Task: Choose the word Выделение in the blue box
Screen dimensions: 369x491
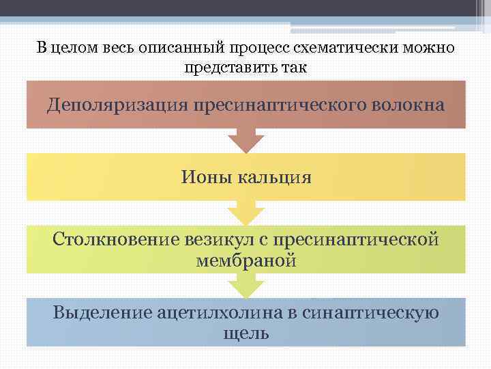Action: click(x=102, y=313)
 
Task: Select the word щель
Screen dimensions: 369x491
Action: click(x=245, y=333)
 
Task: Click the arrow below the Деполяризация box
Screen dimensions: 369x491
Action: click(x=245, y=141)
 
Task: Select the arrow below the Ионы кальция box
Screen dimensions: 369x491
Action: click(x=245, y=213)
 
